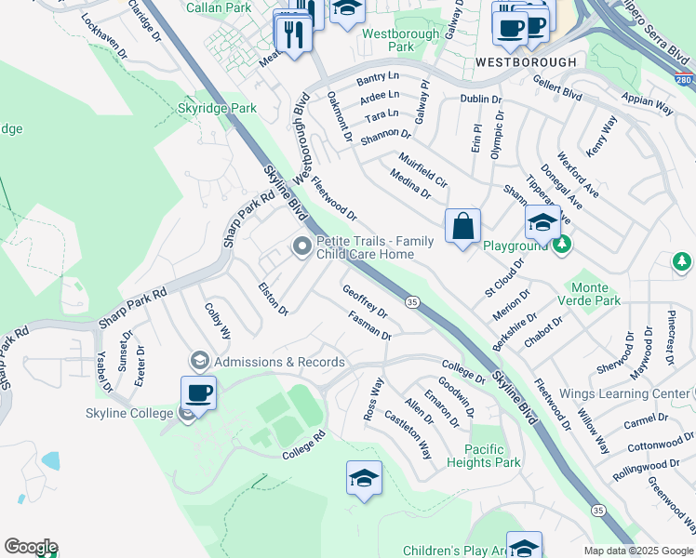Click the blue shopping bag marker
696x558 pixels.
click(462, 227)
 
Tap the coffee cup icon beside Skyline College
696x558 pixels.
click(198, 392)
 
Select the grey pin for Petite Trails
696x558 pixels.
click(301, 247)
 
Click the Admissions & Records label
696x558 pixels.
click(279, 362)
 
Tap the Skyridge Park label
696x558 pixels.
click(217, 108)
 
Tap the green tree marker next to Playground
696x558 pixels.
click(561, 245)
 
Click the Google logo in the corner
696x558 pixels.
click(31, 547)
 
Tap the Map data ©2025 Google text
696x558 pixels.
click(637, 551)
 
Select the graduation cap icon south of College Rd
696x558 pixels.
click(364, 479)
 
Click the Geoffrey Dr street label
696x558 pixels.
click(365, 301)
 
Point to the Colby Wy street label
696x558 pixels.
click(217, 318)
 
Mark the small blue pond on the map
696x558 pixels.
click(50, 459)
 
